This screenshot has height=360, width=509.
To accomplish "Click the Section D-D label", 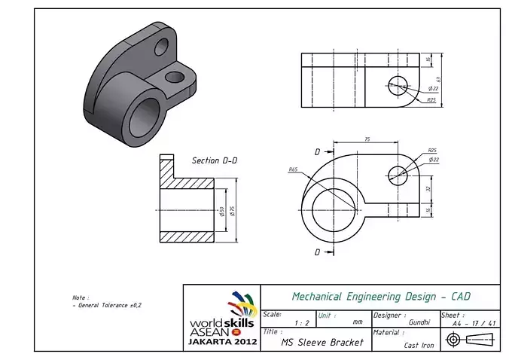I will click(216, 160).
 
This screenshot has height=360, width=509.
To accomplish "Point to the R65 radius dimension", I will click(292, 169).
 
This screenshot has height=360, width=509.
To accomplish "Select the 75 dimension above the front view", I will click(367, 139).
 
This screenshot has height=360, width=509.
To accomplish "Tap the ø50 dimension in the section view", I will click(222, 212).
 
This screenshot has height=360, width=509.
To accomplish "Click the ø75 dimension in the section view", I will click(233, 212).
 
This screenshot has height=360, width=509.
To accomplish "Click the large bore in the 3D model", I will click(145, 116).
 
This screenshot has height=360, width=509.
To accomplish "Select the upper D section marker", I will click(317, 151).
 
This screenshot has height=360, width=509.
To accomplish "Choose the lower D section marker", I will click(317, 252).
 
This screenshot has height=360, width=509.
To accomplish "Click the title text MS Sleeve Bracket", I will click(322, 343).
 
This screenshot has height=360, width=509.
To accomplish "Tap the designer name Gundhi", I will click(419, 322).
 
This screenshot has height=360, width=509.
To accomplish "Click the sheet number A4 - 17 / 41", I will click(474, 323).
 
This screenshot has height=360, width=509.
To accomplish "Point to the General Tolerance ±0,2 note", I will click(107, 305).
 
